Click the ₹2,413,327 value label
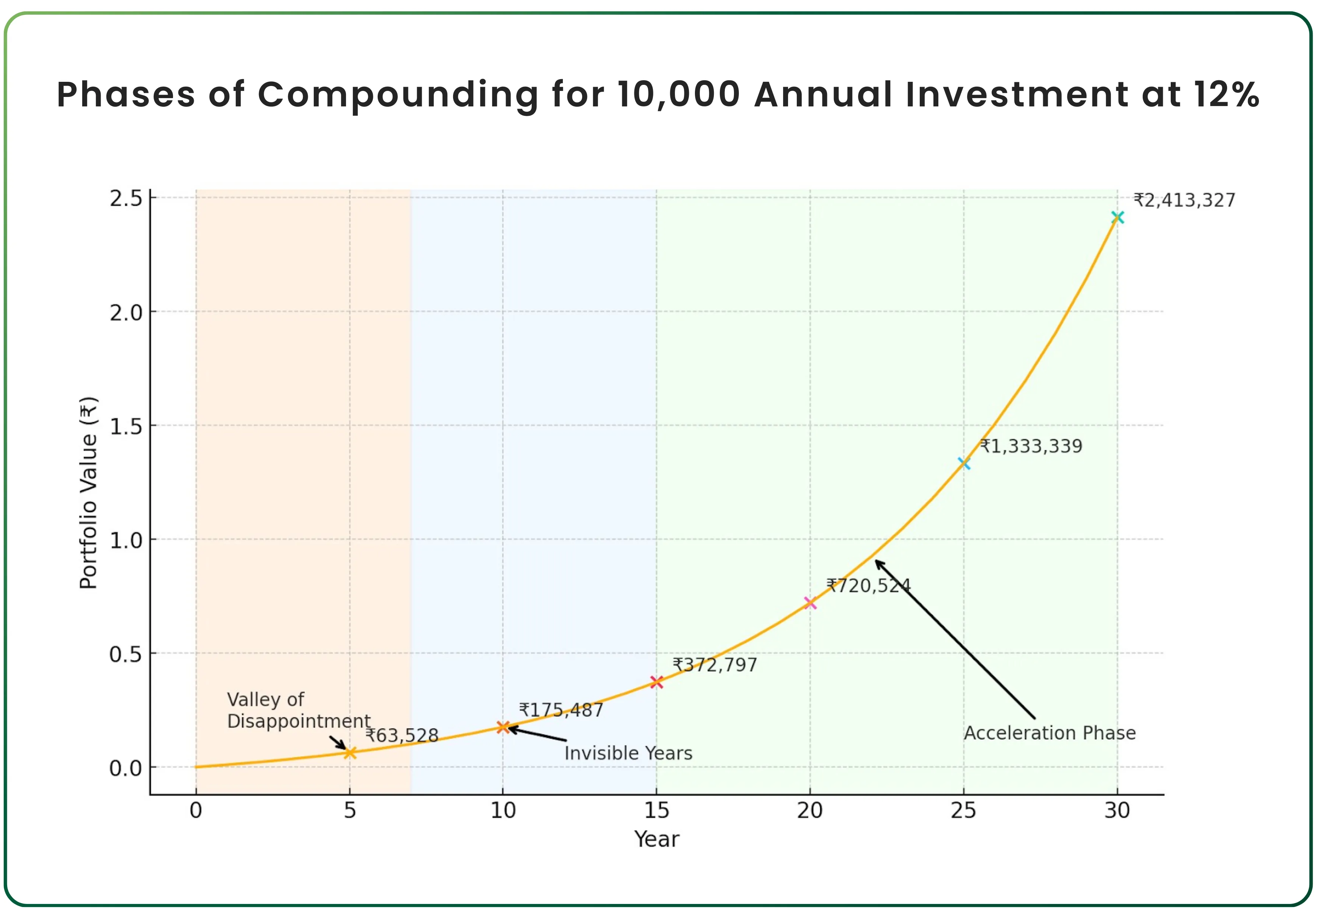coord(1184,200)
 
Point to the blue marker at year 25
coord(964,463)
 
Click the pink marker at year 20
coord(810,603)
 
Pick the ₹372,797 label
coord(715,665)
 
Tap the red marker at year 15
coord(656,682)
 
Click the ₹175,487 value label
coord(561,710)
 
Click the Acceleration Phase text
coord(1050,733)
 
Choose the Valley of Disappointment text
coord(298,710)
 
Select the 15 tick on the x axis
coord(656,810)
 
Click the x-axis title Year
coord(656,839)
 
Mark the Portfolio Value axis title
coord(89,493)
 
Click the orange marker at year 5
coord(350,752)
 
